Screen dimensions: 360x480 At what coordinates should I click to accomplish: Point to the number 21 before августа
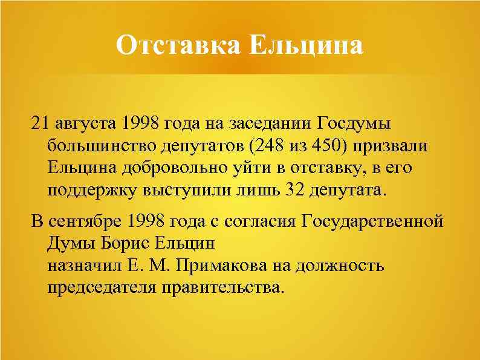click(x=39, y=124)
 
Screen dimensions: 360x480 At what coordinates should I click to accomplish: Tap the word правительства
click(x=222, y=287)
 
